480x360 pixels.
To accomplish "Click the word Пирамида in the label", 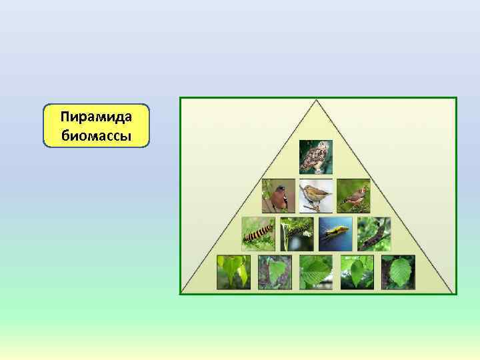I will pos(97,117).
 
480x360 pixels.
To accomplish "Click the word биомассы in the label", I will pos(97,135).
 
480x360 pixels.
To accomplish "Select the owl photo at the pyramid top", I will pos(315,157).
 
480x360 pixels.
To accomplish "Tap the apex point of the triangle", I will pos(317,101).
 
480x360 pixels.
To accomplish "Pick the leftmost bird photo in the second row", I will pos(278,196).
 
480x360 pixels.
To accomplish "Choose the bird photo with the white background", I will pos(316,196).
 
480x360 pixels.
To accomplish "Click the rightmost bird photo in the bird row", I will pos(353,196).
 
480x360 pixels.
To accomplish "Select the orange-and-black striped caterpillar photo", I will pos(258,234).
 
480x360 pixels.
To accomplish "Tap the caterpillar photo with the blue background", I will pos(335,234).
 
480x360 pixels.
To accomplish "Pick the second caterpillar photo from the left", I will pos(297,234).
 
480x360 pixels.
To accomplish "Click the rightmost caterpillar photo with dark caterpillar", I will pos(374,234).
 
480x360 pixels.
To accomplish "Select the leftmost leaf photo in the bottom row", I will pos(233,272).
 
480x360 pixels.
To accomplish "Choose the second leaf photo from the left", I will pos(275,272).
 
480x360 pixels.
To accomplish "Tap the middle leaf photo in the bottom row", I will pos(316,272).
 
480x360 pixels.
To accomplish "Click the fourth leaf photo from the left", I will pos(357,272).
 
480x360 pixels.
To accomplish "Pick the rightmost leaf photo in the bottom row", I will pos(398,272).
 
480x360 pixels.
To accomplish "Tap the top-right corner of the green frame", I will pos(457,98).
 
